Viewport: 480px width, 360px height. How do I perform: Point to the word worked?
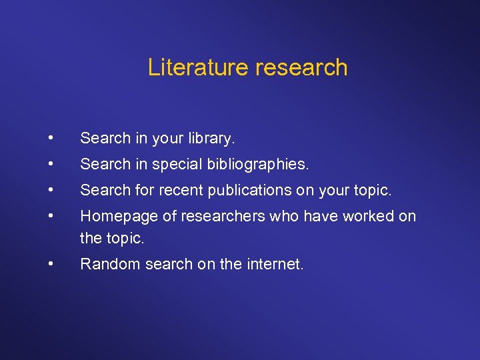coord(361,217)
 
